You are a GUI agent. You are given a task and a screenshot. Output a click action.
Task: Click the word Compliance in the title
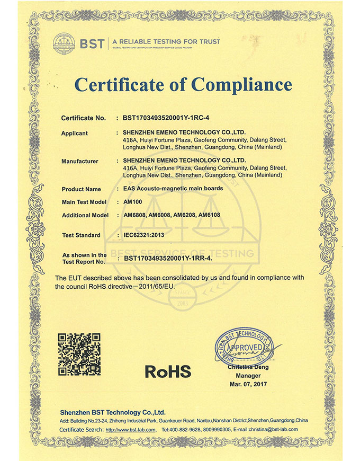(241, 85)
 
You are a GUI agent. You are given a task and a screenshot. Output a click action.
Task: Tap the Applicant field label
(75, 133)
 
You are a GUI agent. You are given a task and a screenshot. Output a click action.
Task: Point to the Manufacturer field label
(80, 161)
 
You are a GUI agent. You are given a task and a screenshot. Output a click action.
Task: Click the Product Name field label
(81, 189)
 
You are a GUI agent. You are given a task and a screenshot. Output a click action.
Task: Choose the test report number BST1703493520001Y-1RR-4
(167, 258)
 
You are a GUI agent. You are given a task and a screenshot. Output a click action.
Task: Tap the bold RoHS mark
(168, 371)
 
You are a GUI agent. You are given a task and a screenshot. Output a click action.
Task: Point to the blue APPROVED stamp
(243, 348)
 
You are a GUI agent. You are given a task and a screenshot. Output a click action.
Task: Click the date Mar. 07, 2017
(248, 383)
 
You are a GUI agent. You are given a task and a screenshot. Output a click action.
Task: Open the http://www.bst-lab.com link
(131, 429)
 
